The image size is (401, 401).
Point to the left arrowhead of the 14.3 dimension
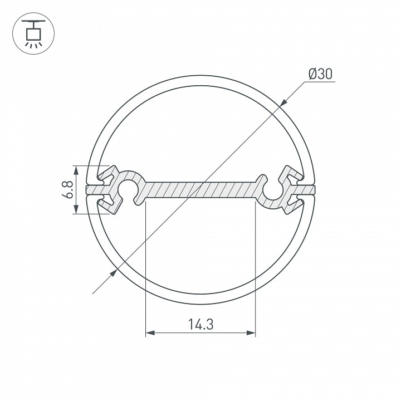(149, 333)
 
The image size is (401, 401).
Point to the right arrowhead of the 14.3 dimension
(251, 333)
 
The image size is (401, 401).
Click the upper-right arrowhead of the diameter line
(283, 102)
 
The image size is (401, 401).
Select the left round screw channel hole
(130, 189)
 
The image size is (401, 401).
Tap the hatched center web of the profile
(200, 189)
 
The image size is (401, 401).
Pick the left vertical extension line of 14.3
(145, 267)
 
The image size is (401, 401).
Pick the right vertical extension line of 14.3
(255, 267)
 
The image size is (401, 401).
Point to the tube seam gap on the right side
(310, 189)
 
